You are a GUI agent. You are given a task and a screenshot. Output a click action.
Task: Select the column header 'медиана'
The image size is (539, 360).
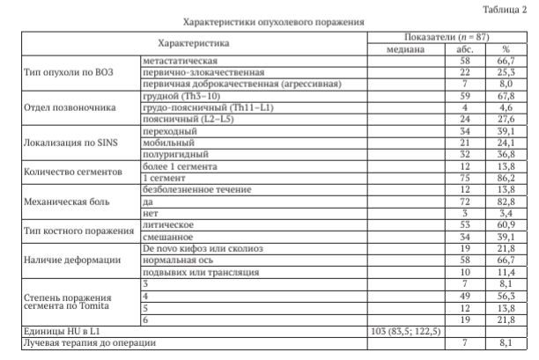click(406, 49)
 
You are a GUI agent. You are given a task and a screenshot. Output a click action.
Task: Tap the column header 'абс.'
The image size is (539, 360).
click(466, 49)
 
